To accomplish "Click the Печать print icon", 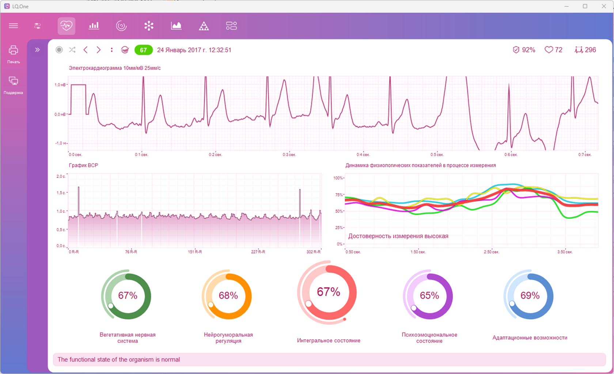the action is coord(14,50).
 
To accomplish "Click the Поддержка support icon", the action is coord(14,81).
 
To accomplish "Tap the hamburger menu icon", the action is coord(14,26).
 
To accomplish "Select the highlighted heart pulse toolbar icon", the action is coord(67,26).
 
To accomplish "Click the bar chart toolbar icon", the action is coord(94,26).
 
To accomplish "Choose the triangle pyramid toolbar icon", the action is coord(204,26).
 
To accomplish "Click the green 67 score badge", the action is coord(143,50).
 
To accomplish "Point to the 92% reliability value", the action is coord(528,50).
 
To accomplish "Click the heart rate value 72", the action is coord(558,50).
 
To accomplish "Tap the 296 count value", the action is coord(591,50).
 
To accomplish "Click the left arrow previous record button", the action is coord(86,50).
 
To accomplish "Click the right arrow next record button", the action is coord(99,50).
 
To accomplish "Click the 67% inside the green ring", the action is coord(128,295).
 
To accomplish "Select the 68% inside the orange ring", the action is coord(228,295).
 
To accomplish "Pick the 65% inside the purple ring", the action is coord(429,295).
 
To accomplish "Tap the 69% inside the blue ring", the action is coord(530,295).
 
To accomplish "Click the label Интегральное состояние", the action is coord(329,341).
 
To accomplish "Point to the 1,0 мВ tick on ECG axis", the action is coord(60,85).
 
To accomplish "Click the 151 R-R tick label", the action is coord(195,252).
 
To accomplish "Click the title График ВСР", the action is coord(83,165).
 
